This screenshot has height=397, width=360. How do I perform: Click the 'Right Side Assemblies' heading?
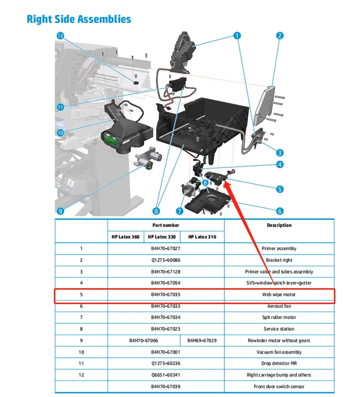pyautogui.click(x=78, y=19)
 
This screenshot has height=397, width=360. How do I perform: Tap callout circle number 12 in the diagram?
pyautogui.click(x=61, y=36)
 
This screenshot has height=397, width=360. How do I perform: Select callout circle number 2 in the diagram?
pyautogui.click(x=280, y=35)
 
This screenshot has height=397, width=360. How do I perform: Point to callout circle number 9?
pyautogui.click(x=60, y=210)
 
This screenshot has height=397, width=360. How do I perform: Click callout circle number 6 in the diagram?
pyautogui.click(x=280, y=211)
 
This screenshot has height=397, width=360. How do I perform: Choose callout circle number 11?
pyautogui.click(x=61, y=107)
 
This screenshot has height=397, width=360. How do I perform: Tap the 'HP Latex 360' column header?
pyautogui.click(x=125, y=237)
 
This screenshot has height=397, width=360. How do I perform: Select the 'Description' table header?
pyautogui.click(x=279, y=225)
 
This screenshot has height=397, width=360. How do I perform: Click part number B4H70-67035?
pyautogui.click(x=165, y=295)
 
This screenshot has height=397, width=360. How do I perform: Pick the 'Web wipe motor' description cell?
pyautogui.click(x=279, y=295)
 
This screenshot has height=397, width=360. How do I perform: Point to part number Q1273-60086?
pyautogui.click(x=165, y=260)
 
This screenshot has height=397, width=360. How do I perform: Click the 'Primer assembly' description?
pyautogui.click(x=279, y=249)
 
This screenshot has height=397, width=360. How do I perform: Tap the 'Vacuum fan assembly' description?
pyautogui.click(x=279, y=352)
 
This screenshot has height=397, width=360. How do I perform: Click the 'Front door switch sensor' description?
pyautogui.click(x=279, y=387)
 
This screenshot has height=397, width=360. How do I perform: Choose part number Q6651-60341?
pyautogui.click(x=165, y=375)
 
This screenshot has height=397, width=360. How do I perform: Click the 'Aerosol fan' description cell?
pyautogui.click(x=279, y=306)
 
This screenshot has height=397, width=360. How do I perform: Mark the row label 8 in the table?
pyautogui.click(x=81, y=329)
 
